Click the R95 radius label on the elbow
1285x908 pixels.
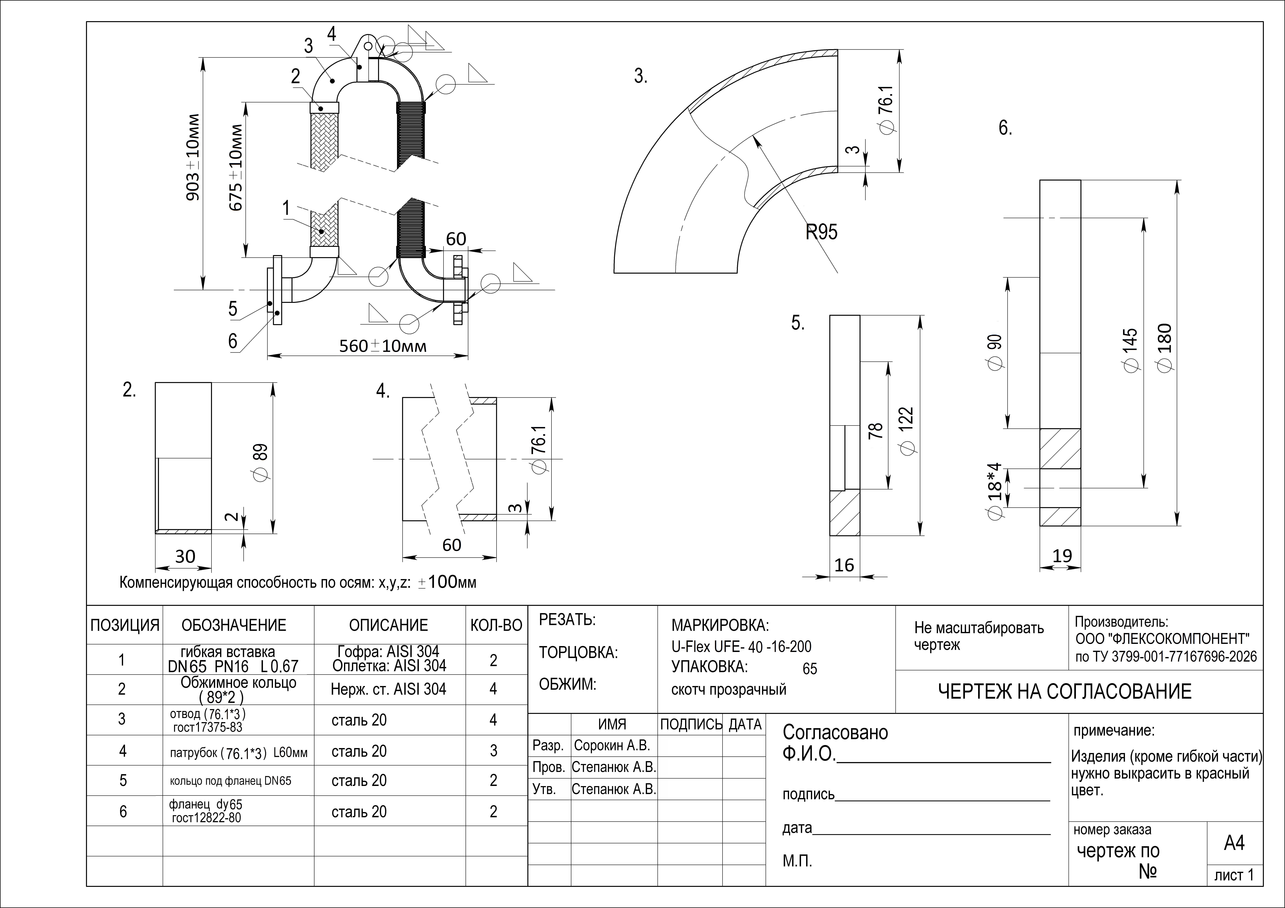[x=822, y=232]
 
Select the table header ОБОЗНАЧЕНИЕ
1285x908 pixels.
[x=234, y=625]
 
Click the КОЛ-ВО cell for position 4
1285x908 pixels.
[x=493, y=751]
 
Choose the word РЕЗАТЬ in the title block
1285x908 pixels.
[x=567, y=620]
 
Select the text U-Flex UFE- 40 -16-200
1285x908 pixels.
[x=741, y=647]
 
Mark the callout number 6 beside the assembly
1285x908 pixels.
[x=233, y=341]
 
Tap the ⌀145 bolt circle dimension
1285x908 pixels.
[x=1131, y=350]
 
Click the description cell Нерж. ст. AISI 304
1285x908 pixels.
[x=388, y=689]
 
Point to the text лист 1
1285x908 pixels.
[x=1234, y=875]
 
